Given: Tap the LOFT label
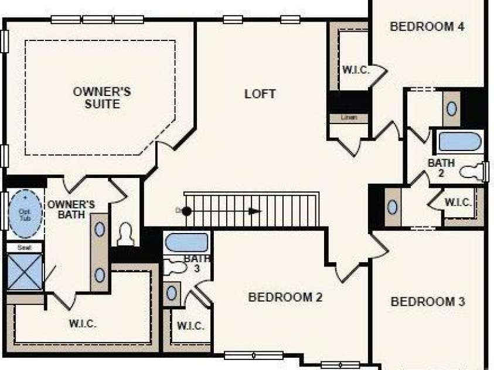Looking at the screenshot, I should tap(260, 94).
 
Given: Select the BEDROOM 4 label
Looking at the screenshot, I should tap(427, 26).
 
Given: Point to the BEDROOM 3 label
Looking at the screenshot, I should tap(428, 302).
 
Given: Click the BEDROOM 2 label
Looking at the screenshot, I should tap(285, 297).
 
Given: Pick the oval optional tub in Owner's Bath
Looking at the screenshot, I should tap(25, 214).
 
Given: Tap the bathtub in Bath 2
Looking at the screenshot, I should tap(459, 142).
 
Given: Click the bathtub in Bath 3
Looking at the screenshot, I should tap(186, 242).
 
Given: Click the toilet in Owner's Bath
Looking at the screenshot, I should tap(126, 235).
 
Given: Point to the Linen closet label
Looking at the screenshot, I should tap(349, 118).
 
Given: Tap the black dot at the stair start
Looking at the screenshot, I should tap(186, 211).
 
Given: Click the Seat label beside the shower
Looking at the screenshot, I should tap(25, 248).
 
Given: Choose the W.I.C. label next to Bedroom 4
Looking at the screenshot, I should tap(356, 70).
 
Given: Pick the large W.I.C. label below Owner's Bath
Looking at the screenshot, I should tap(83, 323).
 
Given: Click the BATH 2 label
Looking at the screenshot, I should tap(441, 167).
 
